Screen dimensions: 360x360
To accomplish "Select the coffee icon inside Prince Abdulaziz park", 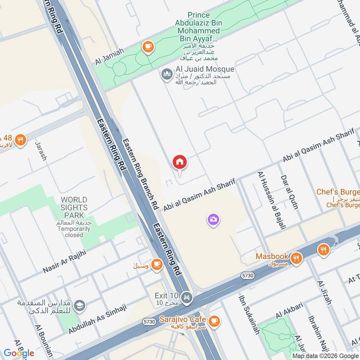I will [147, 46].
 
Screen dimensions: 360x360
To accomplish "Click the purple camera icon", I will [213, 220].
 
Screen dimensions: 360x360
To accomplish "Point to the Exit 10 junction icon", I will [187, 297].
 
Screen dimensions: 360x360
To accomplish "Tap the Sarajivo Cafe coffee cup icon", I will [214, 320].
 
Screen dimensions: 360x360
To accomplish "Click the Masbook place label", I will [271, 256].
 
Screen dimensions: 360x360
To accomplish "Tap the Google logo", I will [19, 353].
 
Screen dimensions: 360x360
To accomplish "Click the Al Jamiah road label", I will [109, 58].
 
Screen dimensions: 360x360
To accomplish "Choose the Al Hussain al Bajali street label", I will [272, 200].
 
